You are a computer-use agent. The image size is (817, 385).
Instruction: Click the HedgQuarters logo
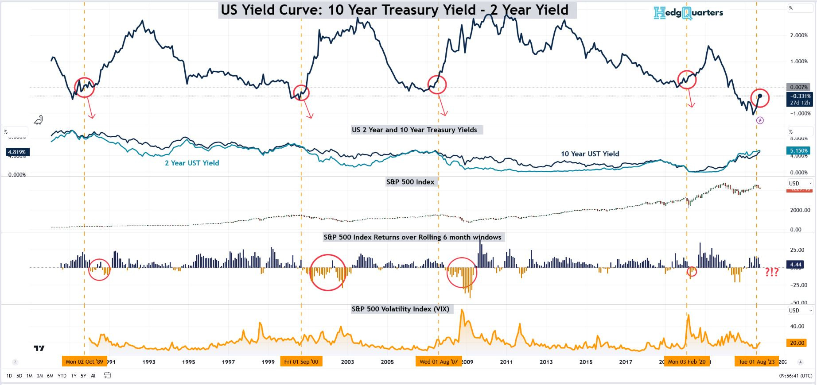(688, 13)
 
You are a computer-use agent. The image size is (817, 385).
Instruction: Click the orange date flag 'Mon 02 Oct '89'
(84, 362)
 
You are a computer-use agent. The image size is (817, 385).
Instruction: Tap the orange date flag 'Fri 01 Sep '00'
(301, 362)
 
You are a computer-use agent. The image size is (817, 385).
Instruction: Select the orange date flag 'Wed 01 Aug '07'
(439, 362)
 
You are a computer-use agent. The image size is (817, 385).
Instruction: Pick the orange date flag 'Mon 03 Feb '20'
(687, 362)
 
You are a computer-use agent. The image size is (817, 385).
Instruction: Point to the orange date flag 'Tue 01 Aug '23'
(757, 362)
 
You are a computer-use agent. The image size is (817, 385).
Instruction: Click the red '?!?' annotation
(772, 272)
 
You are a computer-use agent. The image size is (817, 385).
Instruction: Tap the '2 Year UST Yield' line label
(192, 163)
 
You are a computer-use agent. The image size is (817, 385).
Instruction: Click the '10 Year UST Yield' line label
(590, 154)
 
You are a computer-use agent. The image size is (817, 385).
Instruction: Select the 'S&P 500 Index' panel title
(410, 182)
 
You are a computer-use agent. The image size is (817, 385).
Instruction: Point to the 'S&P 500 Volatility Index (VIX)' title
(400, 309)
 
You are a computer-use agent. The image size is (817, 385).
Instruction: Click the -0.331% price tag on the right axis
(800, 96)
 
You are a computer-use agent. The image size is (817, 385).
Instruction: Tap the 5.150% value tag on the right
(799, 150)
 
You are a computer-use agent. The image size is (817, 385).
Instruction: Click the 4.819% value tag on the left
(17, 152)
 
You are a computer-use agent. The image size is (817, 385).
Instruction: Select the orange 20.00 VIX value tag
(797, 343)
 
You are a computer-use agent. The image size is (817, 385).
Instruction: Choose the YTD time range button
(62, 376)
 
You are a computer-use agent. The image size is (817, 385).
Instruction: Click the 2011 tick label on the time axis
(506, 362)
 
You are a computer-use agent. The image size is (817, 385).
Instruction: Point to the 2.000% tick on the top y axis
(799, 35)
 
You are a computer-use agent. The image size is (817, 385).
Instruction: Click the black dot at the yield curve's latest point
(760, 96)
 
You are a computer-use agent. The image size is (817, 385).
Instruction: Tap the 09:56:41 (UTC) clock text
(796, 376)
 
